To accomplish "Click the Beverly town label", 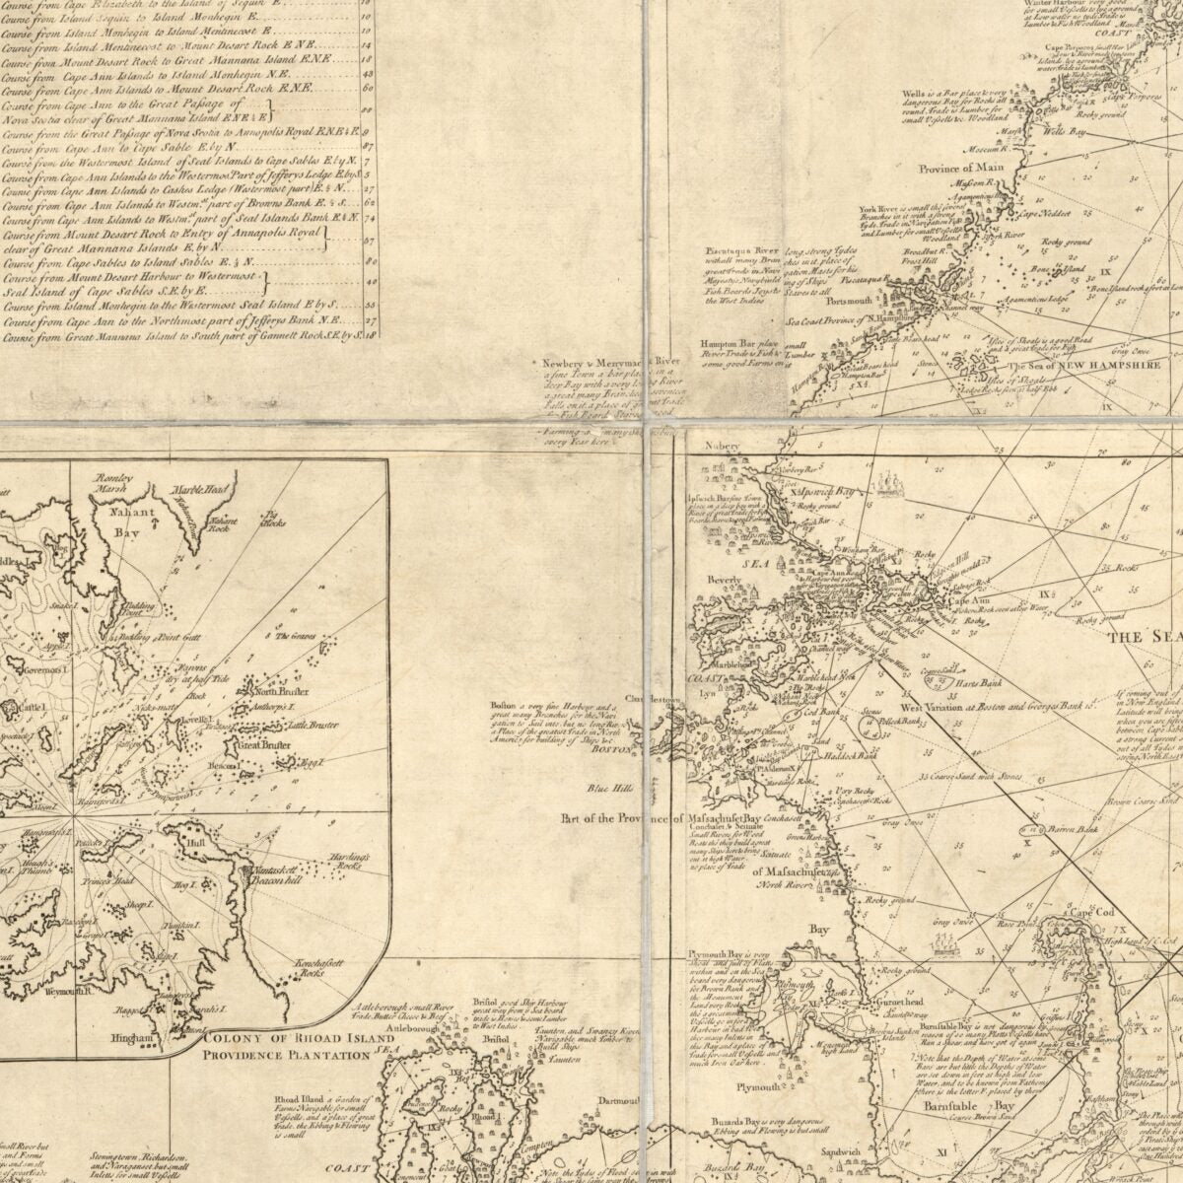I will (x=724, y=581).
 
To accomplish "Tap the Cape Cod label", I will (x=1092, y=912).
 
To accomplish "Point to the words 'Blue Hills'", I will (x=609, y=787).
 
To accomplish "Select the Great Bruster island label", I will (x=262, y=746).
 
